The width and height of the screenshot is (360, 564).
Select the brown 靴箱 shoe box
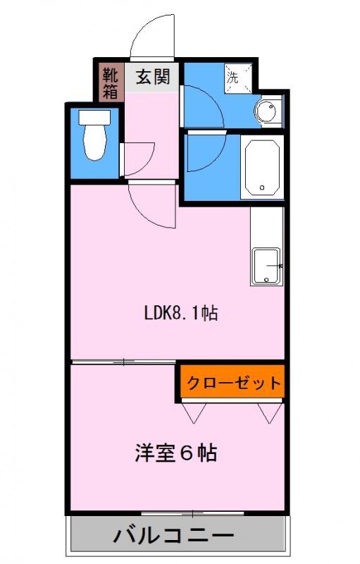point(111,82)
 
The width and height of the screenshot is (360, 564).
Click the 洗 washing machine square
point(234,76)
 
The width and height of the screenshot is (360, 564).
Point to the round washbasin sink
point(268,111)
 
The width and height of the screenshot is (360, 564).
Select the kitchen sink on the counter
point(266,266)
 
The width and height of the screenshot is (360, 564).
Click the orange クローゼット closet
point(232,383)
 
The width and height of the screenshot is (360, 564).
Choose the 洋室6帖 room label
point(175,453)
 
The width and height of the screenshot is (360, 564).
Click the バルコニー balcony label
point(179,537)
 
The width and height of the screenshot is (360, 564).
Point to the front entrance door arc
point(151,39)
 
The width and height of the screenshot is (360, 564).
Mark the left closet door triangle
point(192,412)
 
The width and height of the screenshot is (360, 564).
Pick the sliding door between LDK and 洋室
point(124,362)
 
